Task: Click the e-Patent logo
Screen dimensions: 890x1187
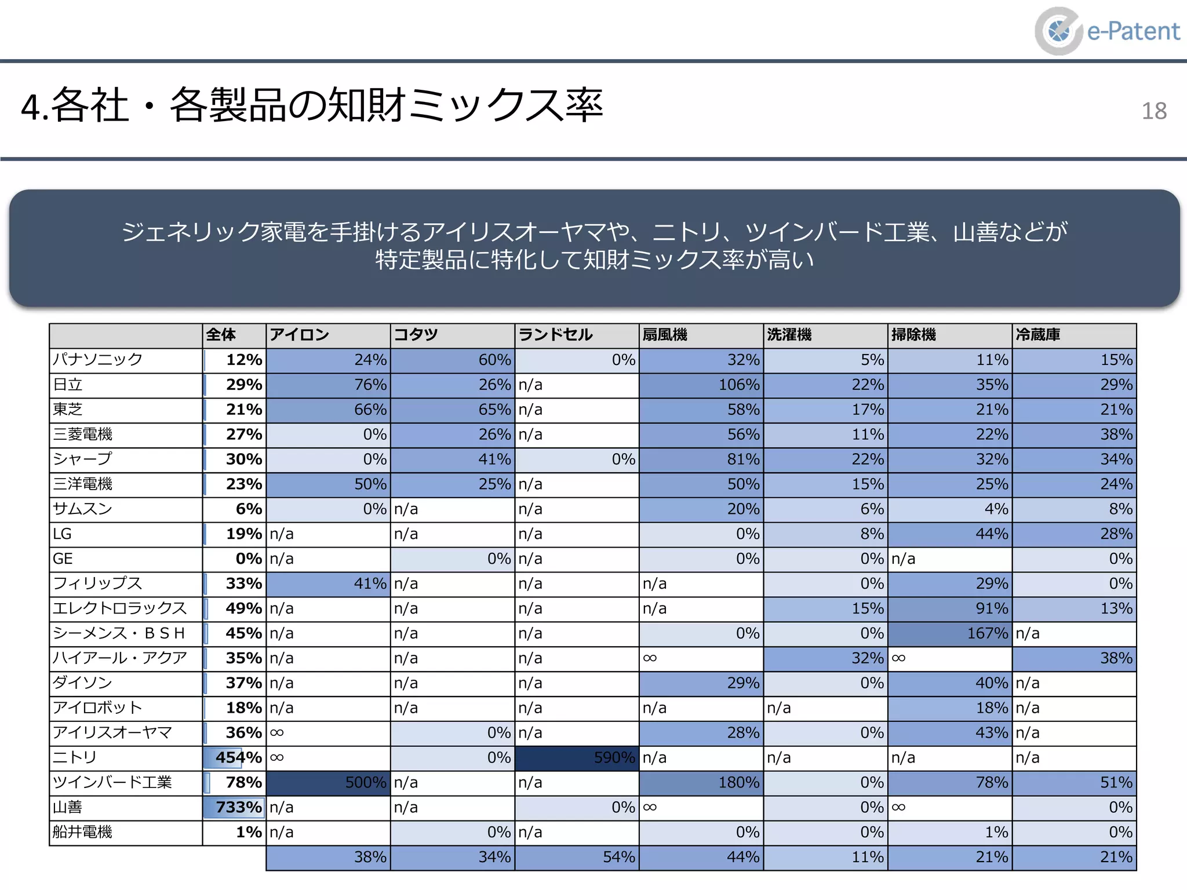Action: [1107, 31]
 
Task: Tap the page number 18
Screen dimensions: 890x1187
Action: [1153, 111]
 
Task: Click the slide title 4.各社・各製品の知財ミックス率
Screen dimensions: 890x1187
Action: [312, 106]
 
